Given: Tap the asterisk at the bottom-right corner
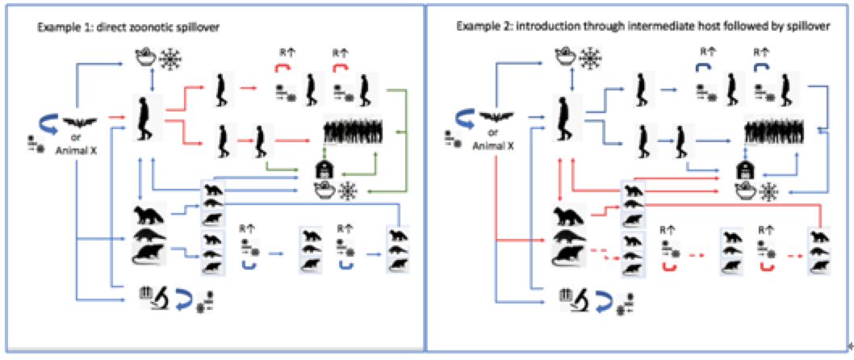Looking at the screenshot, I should [x=848, y=346].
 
